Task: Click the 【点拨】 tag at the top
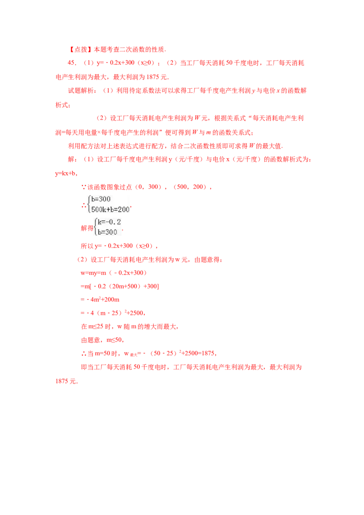coord(80,50)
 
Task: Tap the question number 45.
coord(72,63)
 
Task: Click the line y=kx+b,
coord(66,173)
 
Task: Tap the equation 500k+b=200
coord(111,209)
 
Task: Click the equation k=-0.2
coord(109,222)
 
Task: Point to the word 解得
coord(87,228)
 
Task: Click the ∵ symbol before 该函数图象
coord(83,187)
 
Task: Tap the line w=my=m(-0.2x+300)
coord(114,273)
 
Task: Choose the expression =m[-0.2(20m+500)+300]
coord(120,287)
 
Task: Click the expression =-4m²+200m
coord(100,299)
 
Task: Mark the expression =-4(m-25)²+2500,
coord(113,313)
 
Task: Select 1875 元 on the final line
coord(66,381)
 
